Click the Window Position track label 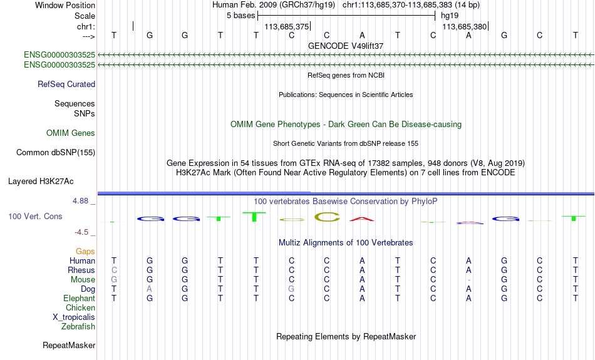click(x=65, y=5)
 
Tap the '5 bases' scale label click(x=241, y=16)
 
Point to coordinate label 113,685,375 click(x=286, y=26)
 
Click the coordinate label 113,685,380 click(x=465, y=26)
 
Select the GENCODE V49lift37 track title click(x=346, y=46)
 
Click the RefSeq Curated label click(x=66, y=85)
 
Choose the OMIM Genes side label click(x=71, y=133)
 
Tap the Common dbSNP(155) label click(x=56, y=153)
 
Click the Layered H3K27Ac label click(x=41, y=182)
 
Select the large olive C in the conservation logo click(x=327, y=217)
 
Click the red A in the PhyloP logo click(x=362, y=219)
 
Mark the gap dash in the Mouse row click(x=468, y=280)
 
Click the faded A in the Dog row click(x=150, y=289)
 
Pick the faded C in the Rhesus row click(x=114, y=270)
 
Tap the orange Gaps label click(x=85, y=252)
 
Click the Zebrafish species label click(x=78, y=327)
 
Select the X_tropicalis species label click(x=74, y=317)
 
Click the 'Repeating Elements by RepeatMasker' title click(x=346, y=337)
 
